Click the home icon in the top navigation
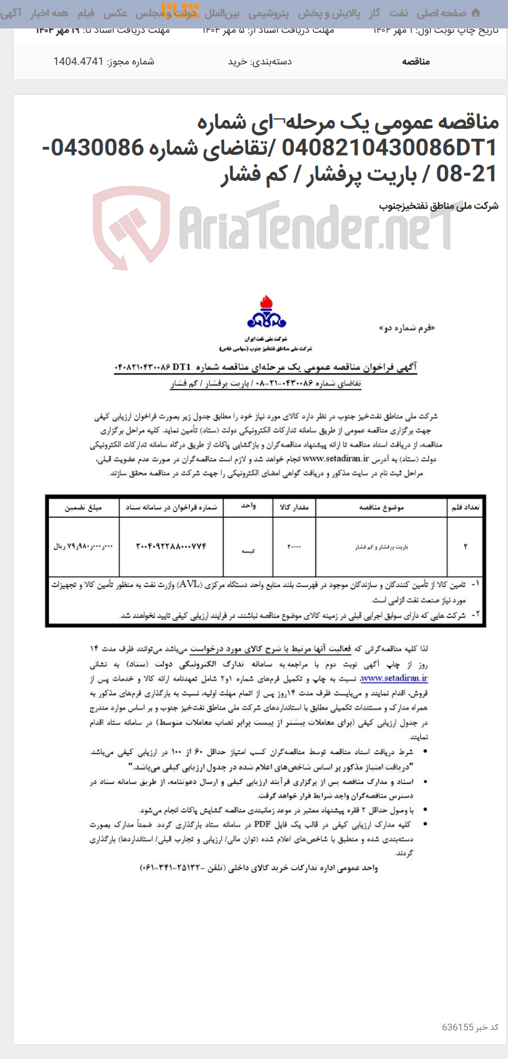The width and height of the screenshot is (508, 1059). pos(475,13)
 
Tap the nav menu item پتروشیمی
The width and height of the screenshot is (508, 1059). pos(269,13)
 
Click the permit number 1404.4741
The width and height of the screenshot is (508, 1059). pos(78,61)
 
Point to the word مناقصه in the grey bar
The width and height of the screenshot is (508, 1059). pos(416,61)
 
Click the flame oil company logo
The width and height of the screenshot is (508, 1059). pos(267,312)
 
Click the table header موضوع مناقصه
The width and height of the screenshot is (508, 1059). pos(381,507)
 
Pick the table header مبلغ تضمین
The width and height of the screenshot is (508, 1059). pos(83,507)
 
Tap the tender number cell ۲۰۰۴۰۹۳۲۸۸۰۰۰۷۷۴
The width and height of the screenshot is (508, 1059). pos(171,546)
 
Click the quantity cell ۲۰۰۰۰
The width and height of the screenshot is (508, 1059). pos(293,547)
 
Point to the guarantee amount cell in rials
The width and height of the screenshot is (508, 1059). pos(84,546)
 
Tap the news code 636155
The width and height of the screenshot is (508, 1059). pos(457,1027)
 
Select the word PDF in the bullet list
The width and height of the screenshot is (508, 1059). pos(262,824)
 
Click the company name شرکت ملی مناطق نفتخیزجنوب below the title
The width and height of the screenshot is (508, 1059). pos(438,206)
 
